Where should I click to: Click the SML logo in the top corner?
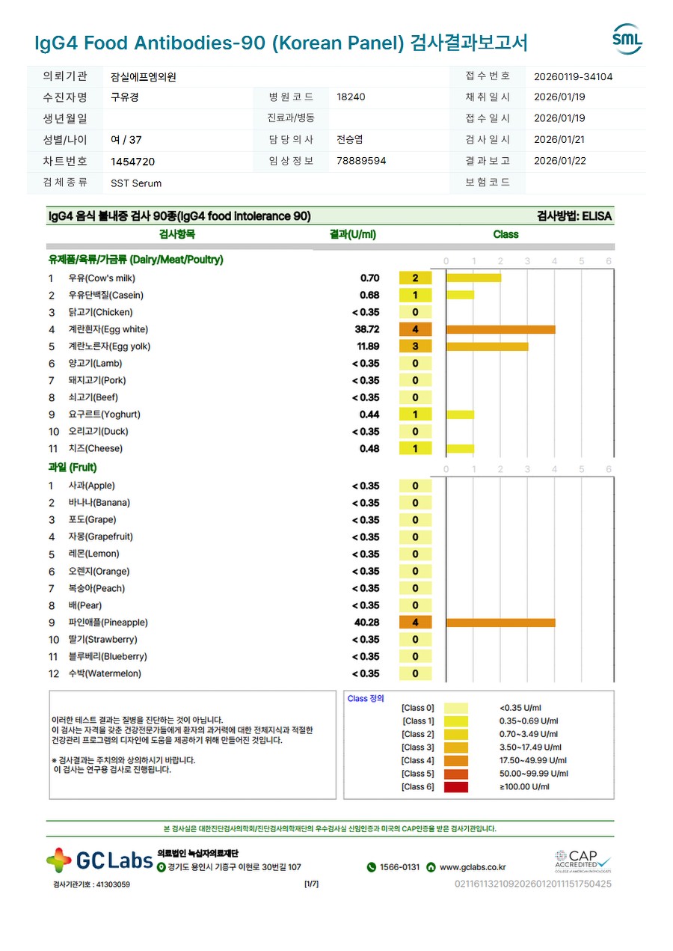(x=627, y=39)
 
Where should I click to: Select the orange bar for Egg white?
(x=500, y=329)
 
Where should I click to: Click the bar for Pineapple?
(x=500, y=623)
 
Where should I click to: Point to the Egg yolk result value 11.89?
(x=367, y=346)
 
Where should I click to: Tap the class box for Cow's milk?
(x=416, y=278)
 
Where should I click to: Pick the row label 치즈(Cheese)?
(x=95, y=449)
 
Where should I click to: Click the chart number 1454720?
(x=132, y=162)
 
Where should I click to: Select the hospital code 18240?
(x=351, y=97)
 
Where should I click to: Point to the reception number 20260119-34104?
(x=574, y=76)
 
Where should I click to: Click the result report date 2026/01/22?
(x=559, y=161)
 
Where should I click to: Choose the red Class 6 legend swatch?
(x=455, y=787)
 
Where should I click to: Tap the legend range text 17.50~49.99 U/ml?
(x=529, y=760)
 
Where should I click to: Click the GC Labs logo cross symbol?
(x=59, y=861)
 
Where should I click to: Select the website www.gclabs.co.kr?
(x=473, y=867)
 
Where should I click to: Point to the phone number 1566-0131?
(x=399, y=867)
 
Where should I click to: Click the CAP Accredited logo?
(x=583, y=861)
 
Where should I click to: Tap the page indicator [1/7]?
(x=311, y=884)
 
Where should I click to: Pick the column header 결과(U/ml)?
(x=352, y=234)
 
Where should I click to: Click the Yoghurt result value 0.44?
(x=369, y=415)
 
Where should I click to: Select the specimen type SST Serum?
(x=135, y=183)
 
